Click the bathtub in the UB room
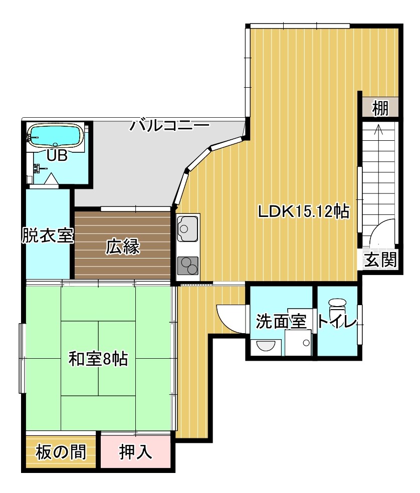[x=55, y=135]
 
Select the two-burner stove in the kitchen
[x=188, y=266]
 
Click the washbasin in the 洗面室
[x=266, y=346]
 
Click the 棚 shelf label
[x=380, y=108]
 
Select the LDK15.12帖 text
[x=303, y=211]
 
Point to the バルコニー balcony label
[x=169, y=125]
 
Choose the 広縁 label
[x=123, y=246]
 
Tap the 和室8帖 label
[x=98, y=359]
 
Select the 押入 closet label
[x=136, y=452]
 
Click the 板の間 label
[x=61, y=452]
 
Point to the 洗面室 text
[x=281, y=321]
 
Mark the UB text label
[x=57, y=155]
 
